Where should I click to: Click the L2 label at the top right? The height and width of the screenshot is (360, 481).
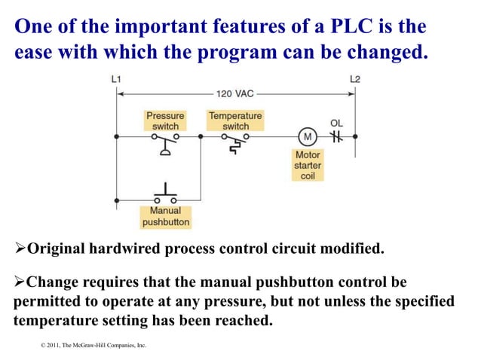tap(355, 79)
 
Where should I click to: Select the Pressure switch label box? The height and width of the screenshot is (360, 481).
tap(165, 121)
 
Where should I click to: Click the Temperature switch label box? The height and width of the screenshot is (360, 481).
tap(235, 121)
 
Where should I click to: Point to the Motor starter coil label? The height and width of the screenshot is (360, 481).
tap(307, 165)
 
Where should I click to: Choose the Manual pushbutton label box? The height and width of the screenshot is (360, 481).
tap(165, 217)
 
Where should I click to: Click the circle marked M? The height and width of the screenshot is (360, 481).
tap(307, 137)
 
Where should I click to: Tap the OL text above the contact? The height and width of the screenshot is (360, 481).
tap(336, 122)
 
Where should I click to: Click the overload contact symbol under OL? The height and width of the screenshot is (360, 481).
tap(336, 137)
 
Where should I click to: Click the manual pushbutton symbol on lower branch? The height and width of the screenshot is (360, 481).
tap(165, 194)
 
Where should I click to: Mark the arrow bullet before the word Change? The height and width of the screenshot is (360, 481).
tap(20, 282)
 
